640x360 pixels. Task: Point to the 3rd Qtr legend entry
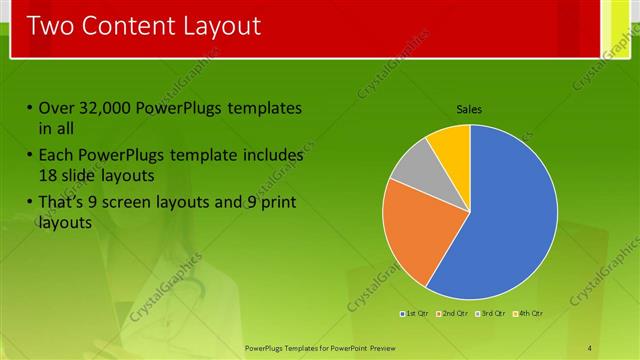tap(492, 314)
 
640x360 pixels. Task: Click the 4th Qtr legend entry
tap(530, 314)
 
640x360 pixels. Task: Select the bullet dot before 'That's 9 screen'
tap(30, 203)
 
